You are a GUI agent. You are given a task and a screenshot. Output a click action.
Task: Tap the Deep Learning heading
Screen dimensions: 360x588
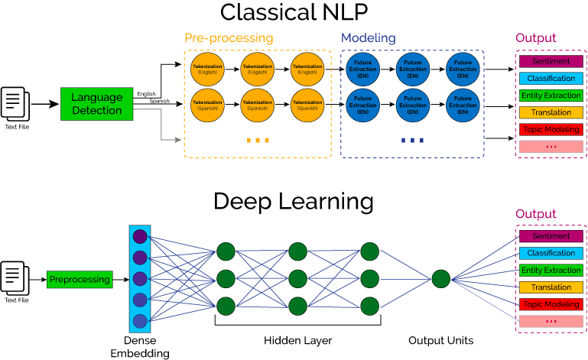[x=294, y=201]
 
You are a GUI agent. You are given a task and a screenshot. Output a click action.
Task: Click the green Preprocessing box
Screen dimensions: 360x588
[x=80, y=280]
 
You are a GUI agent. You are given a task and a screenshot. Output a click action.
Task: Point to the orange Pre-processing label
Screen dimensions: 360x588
[x=229, y=37]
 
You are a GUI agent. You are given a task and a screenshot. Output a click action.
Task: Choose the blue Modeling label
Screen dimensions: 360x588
[x=368, y=37]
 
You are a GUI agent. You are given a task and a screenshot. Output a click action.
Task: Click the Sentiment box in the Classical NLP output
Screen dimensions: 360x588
[x=551, y=61]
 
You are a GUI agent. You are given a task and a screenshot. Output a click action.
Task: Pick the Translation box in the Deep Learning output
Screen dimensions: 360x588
[x=551, y=287]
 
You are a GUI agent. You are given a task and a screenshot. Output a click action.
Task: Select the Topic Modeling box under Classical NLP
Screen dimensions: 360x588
[x=551, y=129]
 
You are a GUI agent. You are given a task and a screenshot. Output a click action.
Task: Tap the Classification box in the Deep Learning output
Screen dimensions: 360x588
[x=551, y=253]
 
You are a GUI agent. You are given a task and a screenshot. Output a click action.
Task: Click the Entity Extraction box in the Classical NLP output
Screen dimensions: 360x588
[x=551, y=96]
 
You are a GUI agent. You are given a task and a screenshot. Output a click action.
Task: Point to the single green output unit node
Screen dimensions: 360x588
[x=440, y=279]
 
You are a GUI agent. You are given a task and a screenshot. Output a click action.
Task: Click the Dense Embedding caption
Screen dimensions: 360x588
[x=140, y=345]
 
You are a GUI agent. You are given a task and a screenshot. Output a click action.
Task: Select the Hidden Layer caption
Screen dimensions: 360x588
[x=298, y=339]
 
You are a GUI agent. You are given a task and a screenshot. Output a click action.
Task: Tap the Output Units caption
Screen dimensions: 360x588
[x=440, y=339]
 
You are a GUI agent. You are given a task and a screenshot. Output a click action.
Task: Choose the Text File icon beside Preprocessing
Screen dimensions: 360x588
[x=15, y=277]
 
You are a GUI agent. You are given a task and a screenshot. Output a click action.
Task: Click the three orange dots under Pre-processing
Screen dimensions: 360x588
[x=258, y=141]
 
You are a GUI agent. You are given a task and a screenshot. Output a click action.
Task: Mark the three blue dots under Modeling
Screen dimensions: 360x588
[x=412, y=141]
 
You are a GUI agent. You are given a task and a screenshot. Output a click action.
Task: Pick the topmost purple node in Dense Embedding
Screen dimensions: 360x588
[x=140, y=236]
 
